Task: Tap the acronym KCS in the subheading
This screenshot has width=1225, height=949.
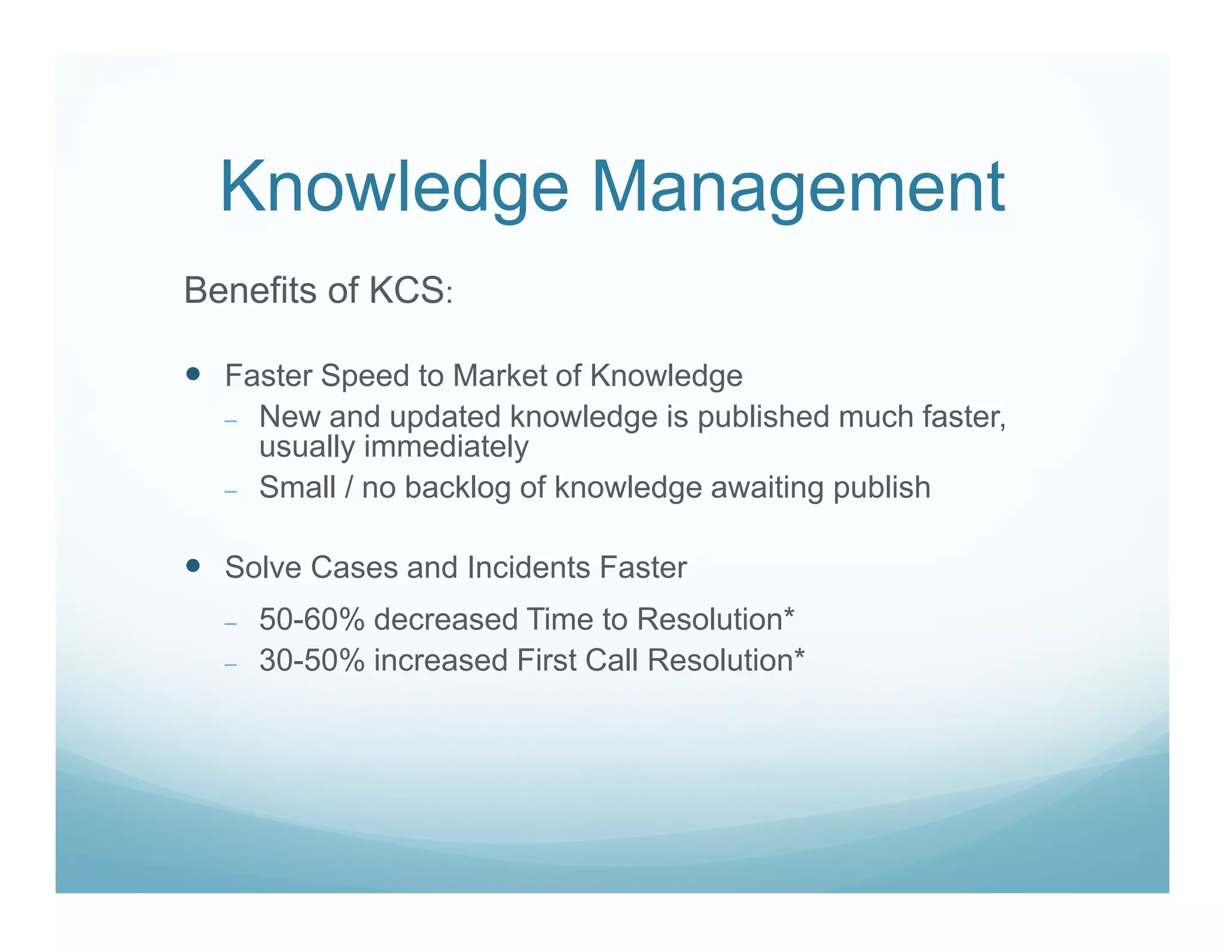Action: tap(407, 291)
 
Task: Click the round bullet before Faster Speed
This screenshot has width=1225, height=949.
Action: tap(193, 375)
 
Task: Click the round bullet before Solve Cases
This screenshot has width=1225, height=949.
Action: tap(193, 566)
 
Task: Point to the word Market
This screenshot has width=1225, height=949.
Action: tap(499, 376)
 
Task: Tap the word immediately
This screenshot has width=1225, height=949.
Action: tap(446, 447)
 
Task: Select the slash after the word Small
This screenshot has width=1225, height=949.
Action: tap(349, 488)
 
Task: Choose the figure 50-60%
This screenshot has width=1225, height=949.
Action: tap(312, 619)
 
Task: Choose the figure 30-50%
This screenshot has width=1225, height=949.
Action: tap(312, 661)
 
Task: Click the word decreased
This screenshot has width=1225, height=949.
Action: tap(446, 619)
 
